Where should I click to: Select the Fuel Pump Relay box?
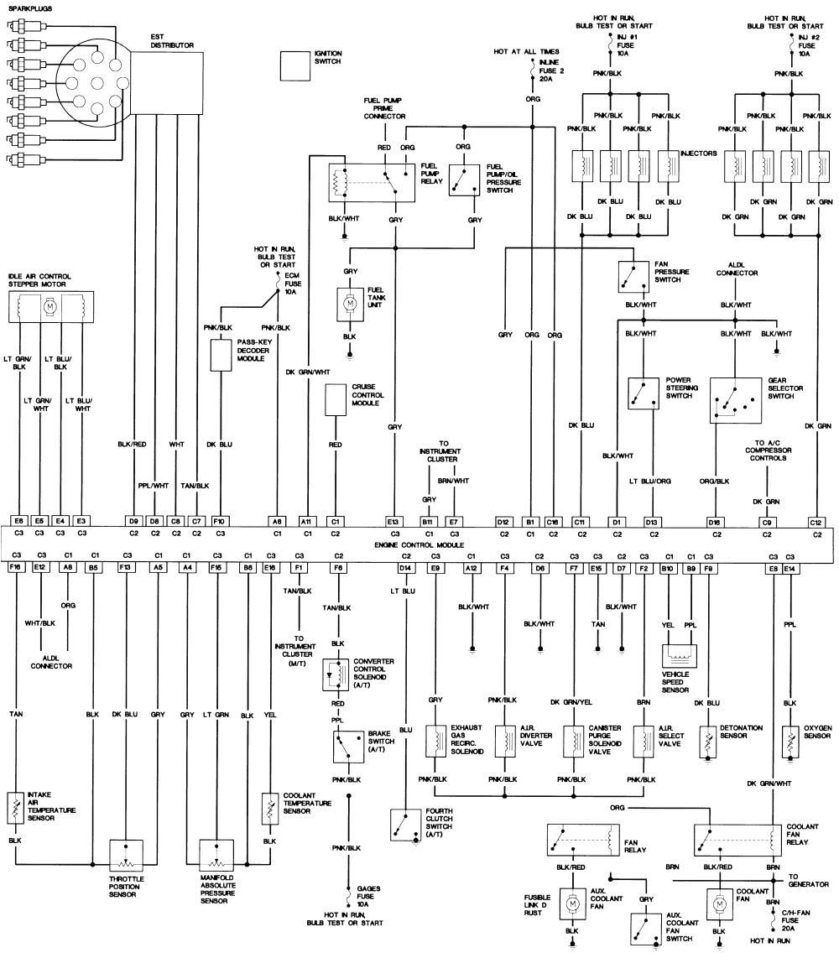click(370, 182)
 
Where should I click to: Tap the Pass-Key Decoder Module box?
click(221, 356)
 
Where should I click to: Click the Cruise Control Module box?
click(336, 400)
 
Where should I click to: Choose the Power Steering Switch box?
click(644, 393)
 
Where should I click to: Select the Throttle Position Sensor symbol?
click(127, 854)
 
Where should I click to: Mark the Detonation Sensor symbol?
click(709, 742)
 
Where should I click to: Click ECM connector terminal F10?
click(221, 521)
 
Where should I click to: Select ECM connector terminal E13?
click(393, 521)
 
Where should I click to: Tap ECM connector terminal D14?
click(405, 568)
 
